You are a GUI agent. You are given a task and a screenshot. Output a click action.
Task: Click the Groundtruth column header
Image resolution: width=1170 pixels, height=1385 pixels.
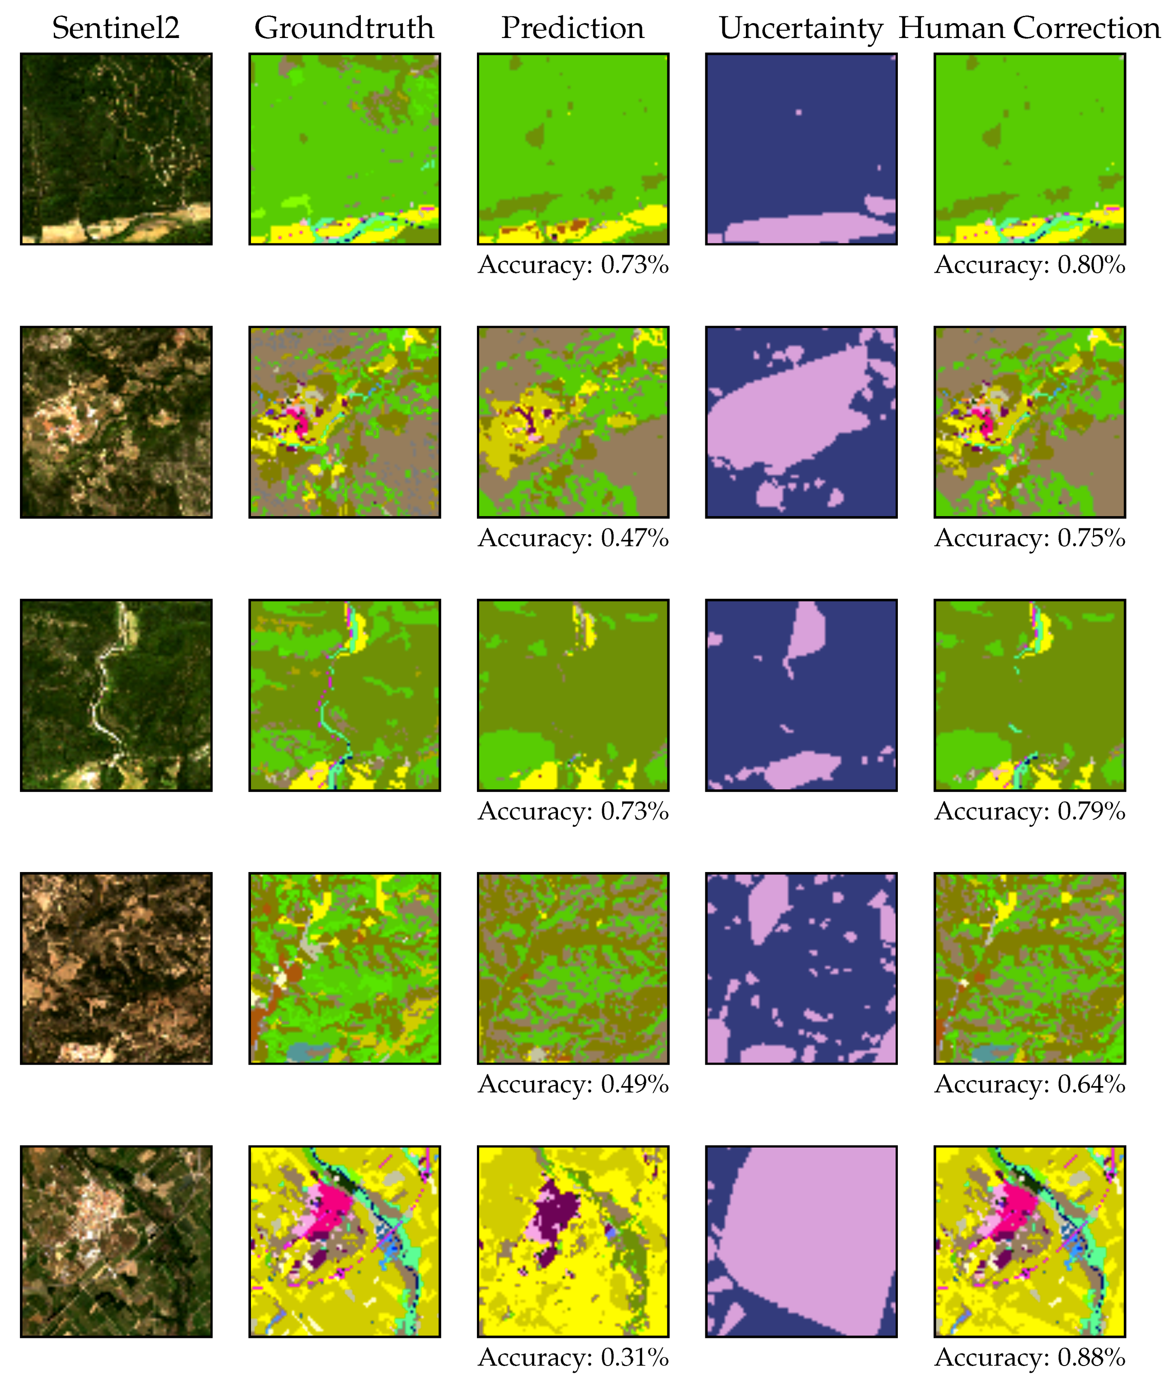(x=344, y=28)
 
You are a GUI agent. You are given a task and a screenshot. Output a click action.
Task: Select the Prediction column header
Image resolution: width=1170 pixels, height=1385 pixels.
(x=572, y=28)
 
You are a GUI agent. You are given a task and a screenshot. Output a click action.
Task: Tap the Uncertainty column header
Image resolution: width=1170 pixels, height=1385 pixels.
(x=801, y=28)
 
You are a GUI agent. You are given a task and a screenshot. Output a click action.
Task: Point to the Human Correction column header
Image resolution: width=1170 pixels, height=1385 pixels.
(x=1029, y=28)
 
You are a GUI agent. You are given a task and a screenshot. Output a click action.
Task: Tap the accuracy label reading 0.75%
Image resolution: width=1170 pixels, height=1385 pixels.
(x=1029, y=537)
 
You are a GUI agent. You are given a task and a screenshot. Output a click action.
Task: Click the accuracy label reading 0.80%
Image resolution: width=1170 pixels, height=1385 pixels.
(x=1029, y=265)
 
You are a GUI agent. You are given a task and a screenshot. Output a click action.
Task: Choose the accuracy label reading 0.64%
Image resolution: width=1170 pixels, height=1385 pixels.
(x=1029, y=1084)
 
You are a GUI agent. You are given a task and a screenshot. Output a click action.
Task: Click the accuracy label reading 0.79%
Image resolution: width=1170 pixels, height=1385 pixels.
(x=1029, y=811)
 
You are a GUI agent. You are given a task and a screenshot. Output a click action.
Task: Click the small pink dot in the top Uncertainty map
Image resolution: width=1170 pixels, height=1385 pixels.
(x=798, y=112)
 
